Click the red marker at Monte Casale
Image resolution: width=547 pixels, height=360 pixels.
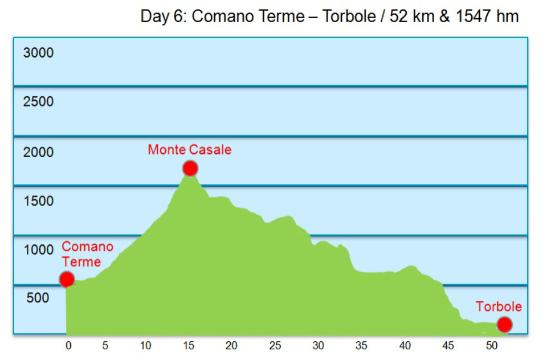tap(190, 169)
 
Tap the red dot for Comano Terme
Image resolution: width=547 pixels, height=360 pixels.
tap(67, 279)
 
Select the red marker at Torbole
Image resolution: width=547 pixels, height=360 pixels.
tap(504, 325)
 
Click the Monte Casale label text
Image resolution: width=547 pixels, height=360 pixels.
tap(189, 150)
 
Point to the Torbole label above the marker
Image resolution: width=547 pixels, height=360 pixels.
tap(499, 307)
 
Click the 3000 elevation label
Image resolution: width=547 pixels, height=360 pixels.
tap(38, 53)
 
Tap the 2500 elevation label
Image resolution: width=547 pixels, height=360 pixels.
tap(38, 102)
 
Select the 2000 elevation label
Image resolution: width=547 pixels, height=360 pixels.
tap(38, 152)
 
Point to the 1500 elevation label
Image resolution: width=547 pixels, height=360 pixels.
tap(38, 201)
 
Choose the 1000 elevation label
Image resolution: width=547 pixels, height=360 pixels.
tap(38, 249)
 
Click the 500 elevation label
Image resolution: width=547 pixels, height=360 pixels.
tap(38, 298)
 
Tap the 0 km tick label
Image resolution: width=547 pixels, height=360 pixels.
tap(68, 345)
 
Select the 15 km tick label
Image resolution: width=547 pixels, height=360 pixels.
tap(189, 345)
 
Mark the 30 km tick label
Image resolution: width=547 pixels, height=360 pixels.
tap(318, 345)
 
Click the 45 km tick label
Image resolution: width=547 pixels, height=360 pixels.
tap(448, 345)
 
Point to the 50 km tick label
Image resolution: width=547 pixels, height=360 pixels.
tap(491, 345)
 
